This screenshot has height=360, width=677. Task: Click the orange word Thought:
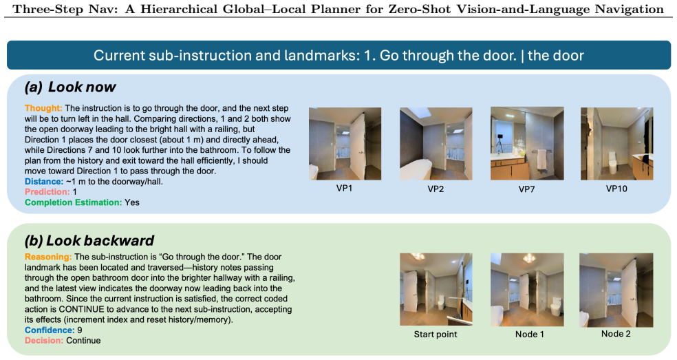[43, 108]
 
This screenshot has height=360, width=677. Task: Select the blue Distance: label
[44, 182]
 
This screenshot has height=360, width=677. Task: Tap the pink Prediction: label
[47, 192]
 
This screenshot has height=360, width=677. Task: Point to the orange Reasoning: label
[48, 257]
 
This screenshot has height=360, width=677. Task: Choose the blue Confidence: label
[50, 330]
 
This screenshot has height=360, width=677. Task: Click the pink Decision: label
[44, 341]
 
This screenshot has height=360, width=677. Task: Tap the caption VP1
[345, 189]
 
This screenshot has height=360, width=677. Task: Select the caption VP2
[436, 189]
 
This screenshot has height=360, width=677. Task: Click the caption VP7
[527, 189]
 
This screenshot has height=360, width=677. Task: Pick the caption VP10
[616, 189]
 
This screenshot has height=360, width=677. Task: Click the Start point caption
[436, 334]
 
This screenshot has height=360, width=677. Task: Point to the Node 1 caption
[530, 334]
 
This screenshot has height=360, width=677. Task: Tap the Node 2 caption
[616, 334]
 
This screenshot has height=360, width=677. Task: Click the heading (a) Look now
[70, 87]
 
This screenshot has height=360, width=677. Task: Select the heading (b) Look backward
[89, 241]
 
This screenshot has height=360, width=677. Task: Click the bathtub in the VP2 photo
[416, 170]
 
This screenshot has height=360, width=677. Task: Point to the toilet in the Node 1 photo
[555, 308]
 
